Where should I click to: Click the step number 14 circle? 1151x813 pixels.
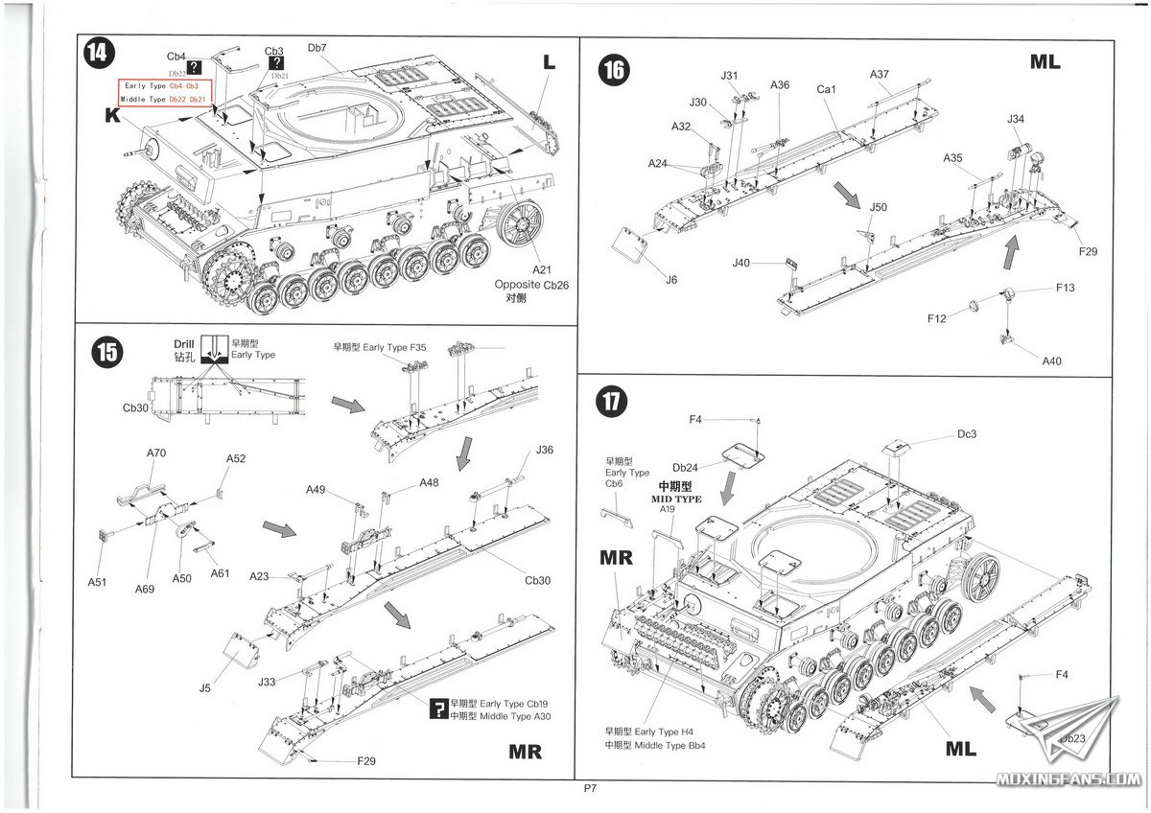(x=97, y=55)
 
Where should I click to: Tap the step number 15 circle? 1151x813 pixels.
(x=107, y=352)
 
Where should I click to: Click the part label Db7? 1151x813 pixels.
(x=317, y=47)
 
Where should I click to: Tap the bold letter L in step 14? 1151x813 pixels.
(x=549, y=62)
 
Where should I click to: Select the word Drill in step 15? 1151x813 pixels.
(x=184, y=344)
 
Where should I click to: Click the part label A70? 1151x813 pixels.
(x=157, y=453)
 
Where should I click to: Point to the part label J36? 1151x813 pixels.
(x=545, y=450)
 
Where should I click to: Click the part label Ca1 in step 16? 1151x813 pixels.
(x=827, y=89)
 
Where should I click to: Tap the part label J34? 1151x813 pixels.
(x=1016, y=119)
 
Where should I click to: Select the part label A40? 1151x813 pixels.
(x=1052, y=361)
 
